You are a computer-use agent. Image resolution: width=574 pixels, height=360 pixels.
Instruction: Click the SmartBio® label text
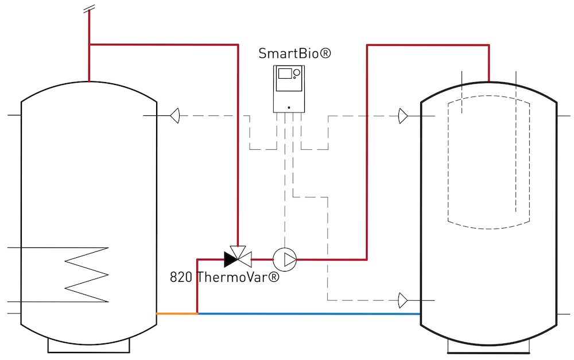294,53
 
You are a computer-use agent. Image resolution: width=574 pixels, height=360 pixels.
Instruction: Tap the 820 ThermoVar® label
224,277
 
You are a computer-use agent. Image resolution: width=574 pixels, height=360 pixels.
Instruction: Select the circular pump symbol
284,260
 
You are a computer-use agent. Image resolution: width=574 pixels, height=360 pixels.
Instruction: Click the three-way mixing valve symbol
236,258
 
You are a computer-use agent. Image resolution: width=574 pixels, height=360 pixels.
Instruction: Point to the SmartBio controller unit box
289,88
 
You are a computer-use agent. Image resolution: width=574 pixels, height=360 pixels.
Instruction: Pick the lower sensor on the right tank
404,300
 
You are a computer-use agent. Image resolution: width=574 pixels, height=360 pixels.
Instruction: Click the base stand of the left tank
88,344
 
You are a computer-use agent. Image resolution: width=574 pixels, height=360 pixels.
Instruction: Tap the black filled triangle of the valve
230,259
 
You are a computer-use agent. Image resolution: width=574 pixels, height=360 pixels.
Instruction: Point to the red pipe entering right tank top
489,63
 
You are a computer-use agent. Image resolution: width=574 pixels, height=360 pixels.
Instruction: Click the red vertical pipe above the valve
238,144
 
